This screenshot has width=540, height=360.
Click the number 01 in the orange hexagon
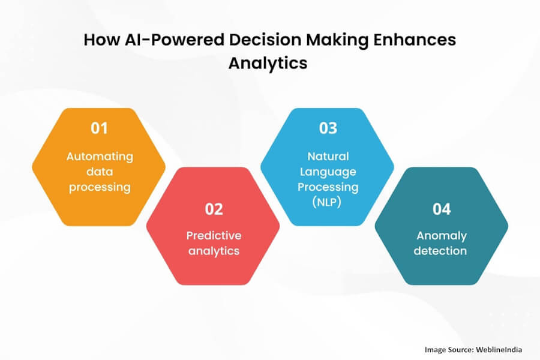point(99,128)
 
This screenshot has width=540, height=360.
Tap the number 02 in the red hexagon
point(214,209)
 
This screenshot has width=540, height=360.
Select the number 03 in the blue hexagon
point(328,128)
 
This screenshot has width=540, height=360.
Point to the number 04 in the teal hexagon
point(442,209)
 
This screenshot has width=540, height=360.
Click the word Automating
point(99,156)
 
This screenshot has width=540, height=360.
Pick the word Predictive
point(214,235)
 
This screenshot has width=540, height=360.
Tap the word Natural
point(328,156)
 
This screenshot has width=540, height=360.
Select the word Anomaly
point(442,235)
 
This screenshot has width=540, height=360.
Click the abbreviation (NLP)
point(328,202)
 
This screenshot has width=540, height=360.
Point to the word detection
point(442,251)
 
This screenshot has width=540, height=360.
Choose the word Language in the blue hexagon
point(328,172)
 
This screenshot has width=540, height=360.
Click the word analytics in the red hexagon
point(214,251)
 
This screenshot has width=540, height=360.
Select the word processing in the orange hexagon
point(99,187)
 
